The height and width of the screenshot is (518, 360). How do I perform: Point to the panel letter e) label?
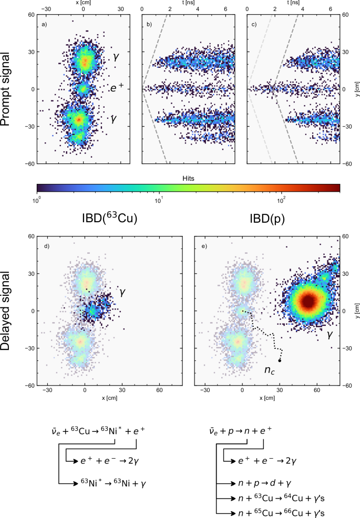pos(202,245)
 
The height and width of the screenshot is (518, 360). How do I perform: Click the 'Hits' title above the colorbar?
pos(188,179)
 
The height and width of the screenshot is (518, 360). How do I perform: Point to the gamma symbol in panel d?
pos(121,290)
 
